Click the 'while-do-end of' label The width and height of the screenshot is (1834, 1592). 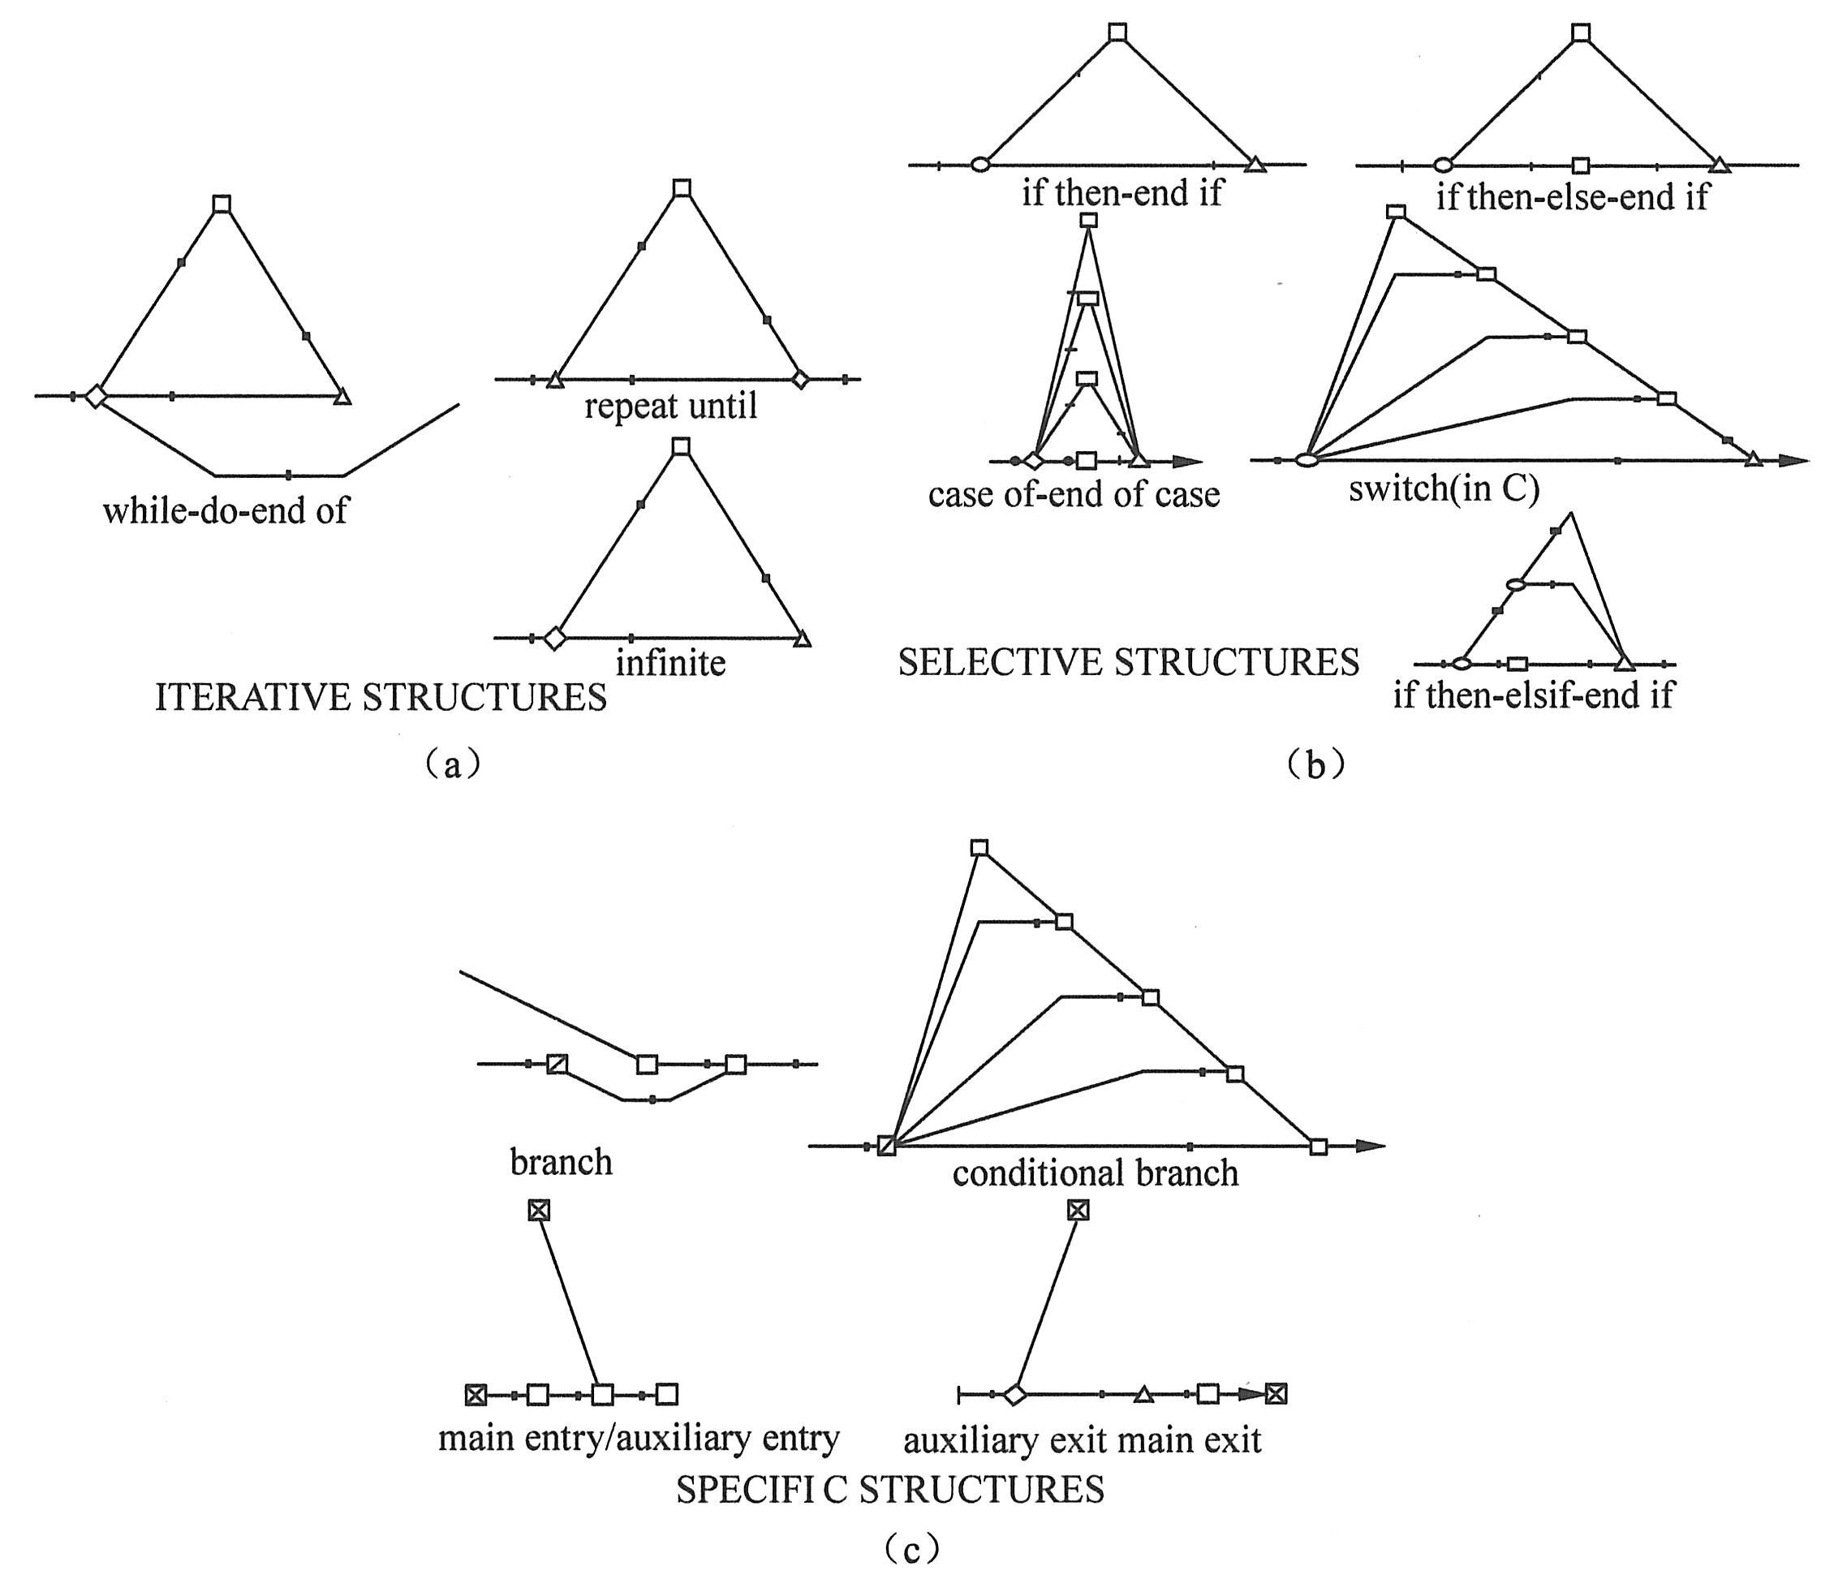(x=226, y=511)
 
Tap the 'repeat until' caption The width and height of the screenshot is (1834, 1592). (x=671, y=407)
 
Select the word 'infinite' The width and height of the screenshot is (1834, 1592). (x=671, y=663)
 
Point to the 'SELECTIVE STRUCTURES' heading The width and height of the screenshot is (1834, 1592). (x=1128, y=663)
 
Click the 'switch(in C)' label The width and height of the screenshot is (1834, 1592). (x=1444, y=488)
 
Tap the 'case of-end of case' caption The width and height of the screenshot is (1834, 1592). (x=1074, y=495)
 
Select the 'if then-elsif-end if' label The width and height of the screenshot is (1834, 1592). (x=1533, y=695)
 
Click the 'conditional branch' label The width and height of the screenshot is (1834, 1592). (x=1096, y=1173)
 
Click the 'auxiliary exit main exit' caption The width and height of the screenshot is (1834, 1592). (x=1083, y=1440)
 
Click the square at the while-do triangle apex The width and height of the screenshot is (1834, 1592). (x=222, y=204)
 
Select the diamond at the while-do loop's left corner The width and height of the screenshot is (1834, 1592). (x=95, y=396)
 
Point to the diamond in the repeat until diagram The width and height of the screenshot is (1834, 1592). (x=801, y=381)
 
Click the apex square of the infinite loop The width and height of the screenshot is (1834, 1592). (x=681, y=446)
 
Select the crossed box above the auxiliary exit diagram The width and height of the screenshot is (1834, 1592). (x=1077, y=1210)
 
